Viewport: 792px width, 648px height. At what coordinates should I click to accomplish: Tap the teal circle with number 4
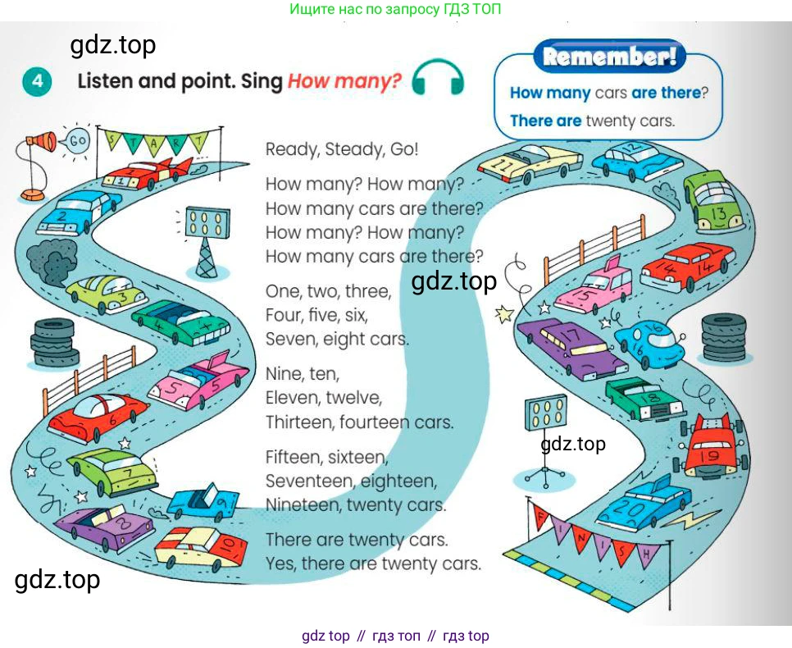click(x=37, y=81)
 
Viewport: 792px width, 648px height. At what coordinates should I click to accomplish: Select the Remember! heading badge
click(x=610, y=56)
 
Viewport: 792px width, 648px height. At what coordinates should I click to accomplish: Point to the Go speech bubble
click(x=75, y=140)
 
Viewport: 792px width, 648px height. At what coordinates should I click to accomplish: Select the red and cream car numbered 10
click(x=201, y=547)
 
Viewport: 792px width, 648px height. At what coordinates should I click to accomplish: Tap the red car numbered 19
click(x=711, y=445)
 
